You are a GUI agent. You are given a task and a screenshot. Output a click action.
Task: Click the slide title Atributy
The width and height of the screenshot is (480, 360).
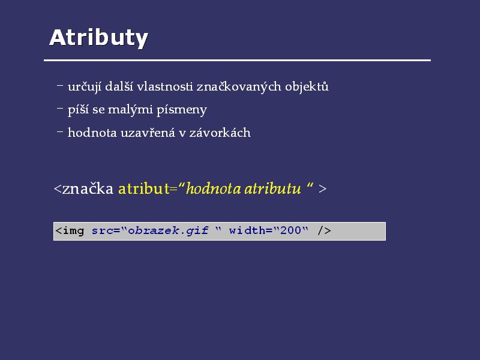coord(98,38)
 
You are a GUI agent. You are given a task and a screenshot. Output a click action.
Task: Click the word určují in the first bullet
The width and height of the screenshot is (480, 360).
coord(85,86)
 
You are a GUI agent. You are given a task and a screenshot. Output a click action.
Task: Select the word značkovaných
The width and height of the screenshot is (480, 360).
coord(239,86)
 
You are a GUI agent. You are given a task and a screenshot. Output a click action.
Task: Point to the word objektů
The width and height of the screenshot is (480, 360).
coord(307,86)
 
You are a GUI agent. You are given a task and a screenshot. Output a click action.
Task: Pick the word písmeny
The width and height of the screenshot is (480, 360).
coord(182,110)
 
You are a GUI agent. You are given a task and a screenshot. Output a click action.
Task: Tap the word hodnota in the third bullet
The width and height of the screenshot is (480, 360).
coord(92,133)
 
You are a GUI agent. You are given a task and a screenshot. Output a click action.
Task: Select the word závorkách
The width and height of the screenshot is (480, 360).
coord(220,133)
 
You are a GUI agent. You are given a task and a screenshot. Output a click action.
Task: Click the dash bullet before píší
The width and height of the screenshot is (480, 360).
coord(60,108)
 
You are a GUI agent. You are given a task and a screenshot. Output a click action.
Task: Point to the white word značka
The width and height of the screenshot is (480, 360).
coord(88,188)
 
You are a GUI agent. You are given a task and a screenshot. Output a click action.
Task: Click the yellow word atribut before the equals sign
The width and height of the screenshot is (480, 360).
coord(143,188)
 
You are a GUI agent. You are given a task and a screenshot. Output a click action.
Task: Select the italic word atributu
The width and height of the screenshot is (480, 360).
coord(273,188)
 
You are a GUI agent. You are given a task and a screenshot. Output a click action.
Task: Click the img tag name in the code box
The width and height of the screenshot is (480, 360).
coord(73,231)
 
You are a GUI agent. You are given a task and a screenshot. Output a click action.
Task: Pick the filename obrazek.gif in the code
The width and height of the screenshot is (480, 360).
coord(168,231)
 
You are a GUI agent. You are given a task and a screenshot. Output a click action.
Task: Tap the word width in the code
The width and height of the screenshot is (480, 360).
coord(247,230)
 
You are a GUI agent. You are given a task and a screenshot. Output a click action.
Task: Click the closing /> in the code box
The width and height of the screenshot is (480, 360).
coord(324,230)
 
